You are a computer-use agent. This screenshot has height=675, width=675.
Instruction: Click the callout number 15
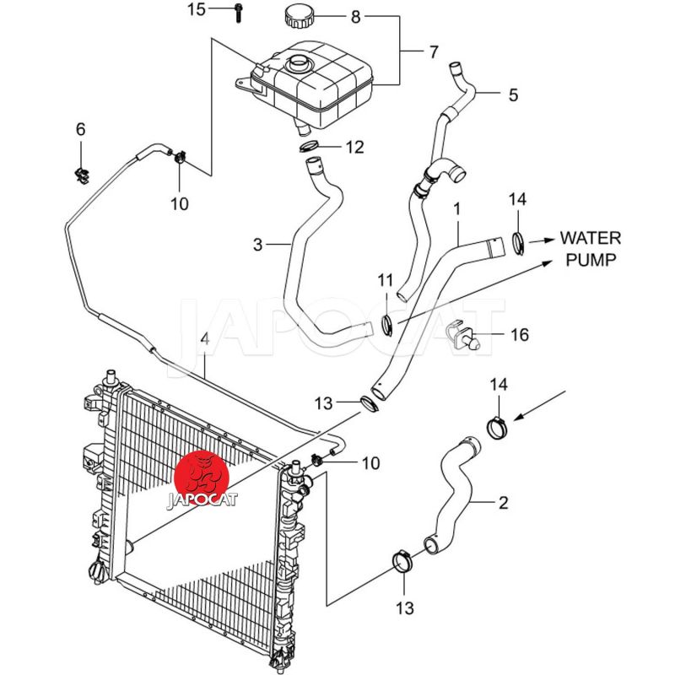tap(196, 10)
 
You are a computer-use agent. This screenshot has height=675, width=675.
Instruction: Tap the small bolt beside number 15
tap(239, 12)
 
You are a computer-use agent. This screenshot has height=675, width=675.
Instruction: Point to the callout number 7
tap(433, 52)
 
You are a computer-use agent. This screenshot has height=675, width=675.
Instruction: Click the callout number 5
tap(513, 95)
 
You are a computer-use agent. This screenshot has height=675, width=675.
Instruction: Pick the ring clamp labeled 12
tap(310, 148)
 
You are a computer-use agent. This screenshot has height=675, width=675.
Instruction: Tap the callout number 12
tap(355, 148)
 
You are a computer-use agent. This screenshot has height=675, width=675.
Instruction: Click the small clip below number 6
tap(83, 174)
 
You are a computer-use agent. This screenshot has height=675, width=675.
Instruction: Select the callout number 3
tap(257, 246)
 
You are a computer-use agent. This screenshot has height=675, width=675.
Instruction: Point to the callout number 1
tap(456, 207)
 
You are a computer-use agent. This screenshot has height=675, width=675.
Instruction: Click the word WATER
tap(591, 237)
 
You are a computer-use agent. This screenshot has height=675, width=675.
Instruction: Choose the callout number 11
tap(386, 279)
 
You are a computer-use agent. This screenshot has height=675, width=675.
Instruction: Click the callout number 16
tap(520, 336)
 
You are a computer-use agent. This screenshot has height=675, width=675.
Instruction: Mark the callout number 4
tap(203, 340)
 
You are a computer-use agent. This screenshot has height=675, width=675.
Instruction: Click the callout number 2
tap(504, 504)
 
